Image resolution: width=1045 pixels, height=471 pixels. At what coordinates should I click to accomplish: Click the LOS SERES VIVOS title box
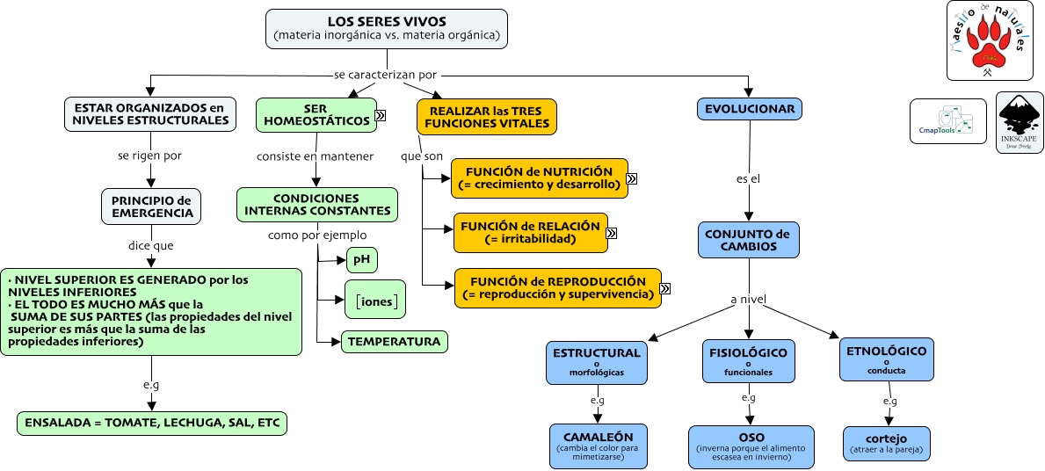[387, 28]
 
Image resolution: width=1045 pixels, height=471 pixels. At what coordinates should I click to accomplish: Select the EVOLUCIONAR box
[750, 109]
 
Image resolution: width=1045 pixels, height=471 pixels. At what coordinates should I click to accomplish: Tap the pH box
[361, 259]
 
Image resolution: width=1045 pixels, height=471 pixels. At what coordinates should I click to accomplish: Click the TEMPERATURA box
[394, 341]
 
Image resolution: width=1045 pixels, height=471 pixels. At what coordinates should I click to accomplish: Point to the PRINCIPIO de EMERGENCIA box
[151, 207]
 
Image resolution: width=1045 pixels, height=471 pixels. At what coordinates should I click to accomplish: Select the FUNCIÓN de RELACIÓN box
[531, 232]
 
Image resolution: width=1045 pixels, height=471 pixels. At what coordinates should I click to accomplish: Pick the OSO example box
[751, 443]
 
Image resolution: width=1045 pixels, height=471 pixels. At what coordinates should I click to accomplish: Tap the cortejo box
[886, 443]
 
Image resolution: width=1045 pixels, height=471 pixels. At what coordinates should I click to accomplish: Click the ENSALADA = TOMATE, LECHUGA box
[152, 423]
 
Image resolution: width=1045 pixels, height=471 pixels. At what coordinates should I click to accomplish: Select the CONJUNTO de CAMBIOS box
[749, 240]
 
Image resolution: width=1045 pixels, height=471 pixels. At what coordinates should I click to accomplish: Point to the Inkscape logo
[1020, 122]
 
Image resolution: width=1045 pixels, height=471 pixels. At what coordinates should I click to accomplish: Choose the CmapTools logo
[947, 121]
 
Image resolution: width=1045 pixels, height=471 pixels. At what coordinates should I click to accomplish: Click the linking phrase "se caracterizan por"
[385, 75]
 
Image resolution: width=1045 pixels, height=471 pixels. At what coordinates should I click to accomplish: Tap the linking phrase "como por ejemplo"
[317, 235]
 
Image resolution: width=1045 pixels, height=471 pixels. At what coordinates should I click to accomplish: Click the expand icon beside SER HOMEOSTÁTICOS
[381, 115]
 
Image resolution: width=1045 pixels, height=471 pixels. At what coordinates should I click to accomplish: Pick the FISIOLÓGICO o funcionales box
[749, 361]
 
